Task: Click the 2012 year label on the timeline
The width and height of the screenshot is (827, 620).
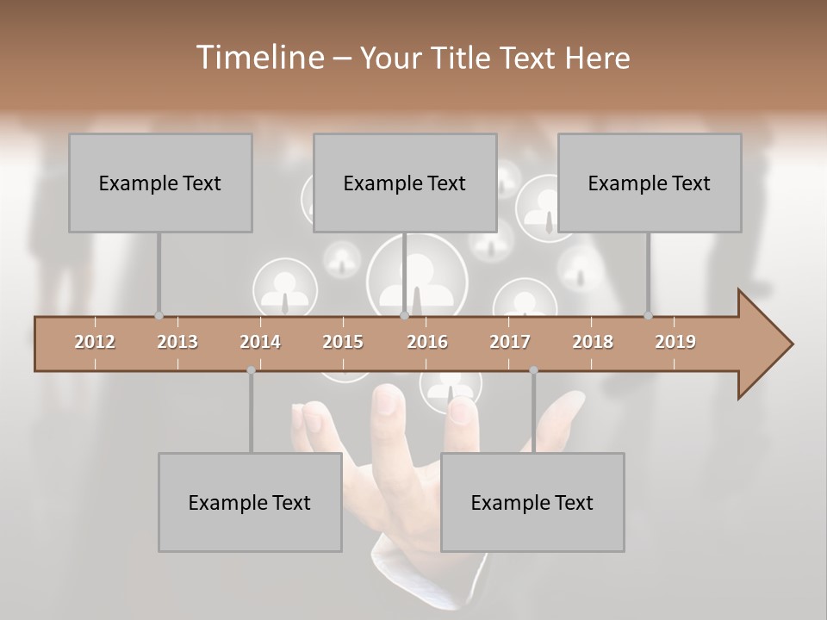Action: pyautogui.click(x=95, y=342)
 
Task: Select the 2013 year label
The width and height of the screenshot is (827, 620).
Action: pyautogui.click(x=177, y=342)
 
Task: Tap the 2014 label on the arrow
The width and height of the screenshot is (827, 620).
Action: pyautogui.click(x=260, y=342)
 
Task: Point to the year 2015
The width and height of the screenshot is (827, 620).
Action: pyautogui.click(x=343, y=342)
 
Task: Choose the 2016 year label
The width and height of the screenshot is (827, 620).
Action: pyautogui.click(x=427, y=342)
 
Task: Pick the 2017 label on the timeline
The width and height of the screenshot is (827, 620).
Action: pyautogui.click(x=510, y=342)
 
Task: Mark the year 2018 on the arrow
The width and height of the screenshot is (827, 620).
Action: pyautogui.click(x=593, y=342)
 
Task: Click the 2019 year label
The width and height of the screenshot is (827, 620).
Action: pyautogui.click(x=675, y=342)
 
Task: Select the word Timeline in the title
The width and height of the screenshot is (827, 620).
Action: pyautogui.click(x=258, y=58)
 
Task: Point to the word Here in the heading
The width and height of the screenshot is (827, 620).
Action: pyautogui.click(x=597, y=59)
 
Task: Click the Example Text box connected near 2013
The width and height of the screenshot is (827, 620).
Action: pyautogui.click(x=160, y=183)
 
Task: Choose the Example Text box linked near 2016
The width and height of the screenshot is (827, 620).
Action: pyautogui.click(x=405, y=183)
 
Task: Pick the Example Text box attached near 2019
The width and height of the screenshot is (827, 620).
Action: pyautogui.click(x=650, y=183)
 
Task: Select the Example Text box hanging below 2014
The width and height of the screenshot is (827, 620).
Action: pyautogui.click(x=250, y=502)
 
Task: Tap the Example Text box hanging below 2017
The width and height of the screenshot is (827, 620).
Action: pyautogui.click(x=532, y=502)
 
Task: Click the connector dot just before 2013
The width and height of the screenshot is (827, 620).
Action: pyautogui.click(x=159, y=316)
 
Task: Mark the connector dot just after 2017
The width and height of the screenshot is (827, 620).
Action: pyautogui.click(x=533, y=370)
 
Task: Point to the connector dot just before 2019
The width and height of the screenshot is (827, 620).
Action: pyautogui.click(x=648, y=316)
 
